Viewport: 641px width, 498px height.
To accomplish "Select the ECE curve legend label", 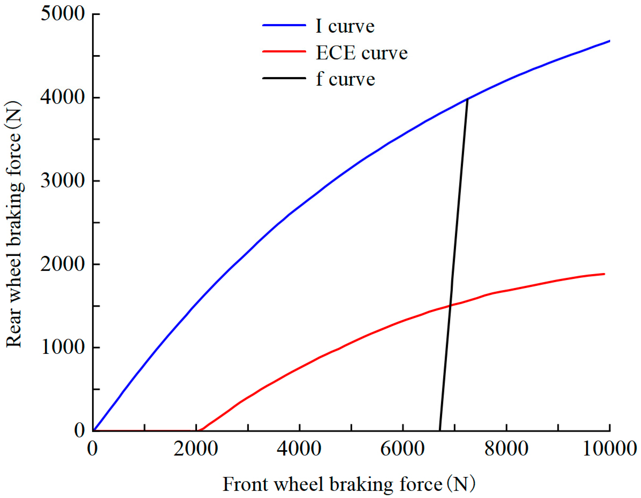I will [362, 53].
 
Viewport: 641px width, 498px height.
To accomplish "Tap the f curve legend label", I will [346, 79].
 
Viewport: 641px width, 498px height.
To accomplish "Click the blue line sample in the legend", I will [284, 25].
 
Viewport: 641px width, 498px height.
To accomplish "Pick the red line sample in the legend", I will [284, 51].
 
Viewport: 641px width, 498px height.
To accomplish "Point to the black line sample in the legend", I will [284, 78].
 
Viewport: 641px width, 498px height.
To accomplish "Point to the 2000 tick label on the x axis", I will [196, 449].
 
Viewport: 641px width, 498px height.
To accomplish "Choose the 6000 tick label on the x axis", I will [403, 449].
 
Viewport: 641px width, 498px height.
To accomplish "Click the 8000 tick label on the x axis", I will [506, 449].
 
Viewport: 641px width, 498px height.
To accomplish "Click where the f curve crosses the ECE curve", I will [450, 305].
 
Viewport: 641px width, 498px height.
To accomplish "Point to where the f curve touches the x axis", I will [440, 430].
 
